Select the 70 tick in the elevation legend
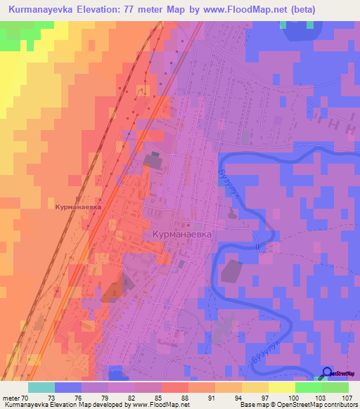[29, 396]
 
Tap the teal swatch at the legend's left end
[41, 387]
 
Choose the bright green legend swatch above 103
[309, 387]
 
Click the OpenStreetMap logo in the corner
[327, 372]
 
